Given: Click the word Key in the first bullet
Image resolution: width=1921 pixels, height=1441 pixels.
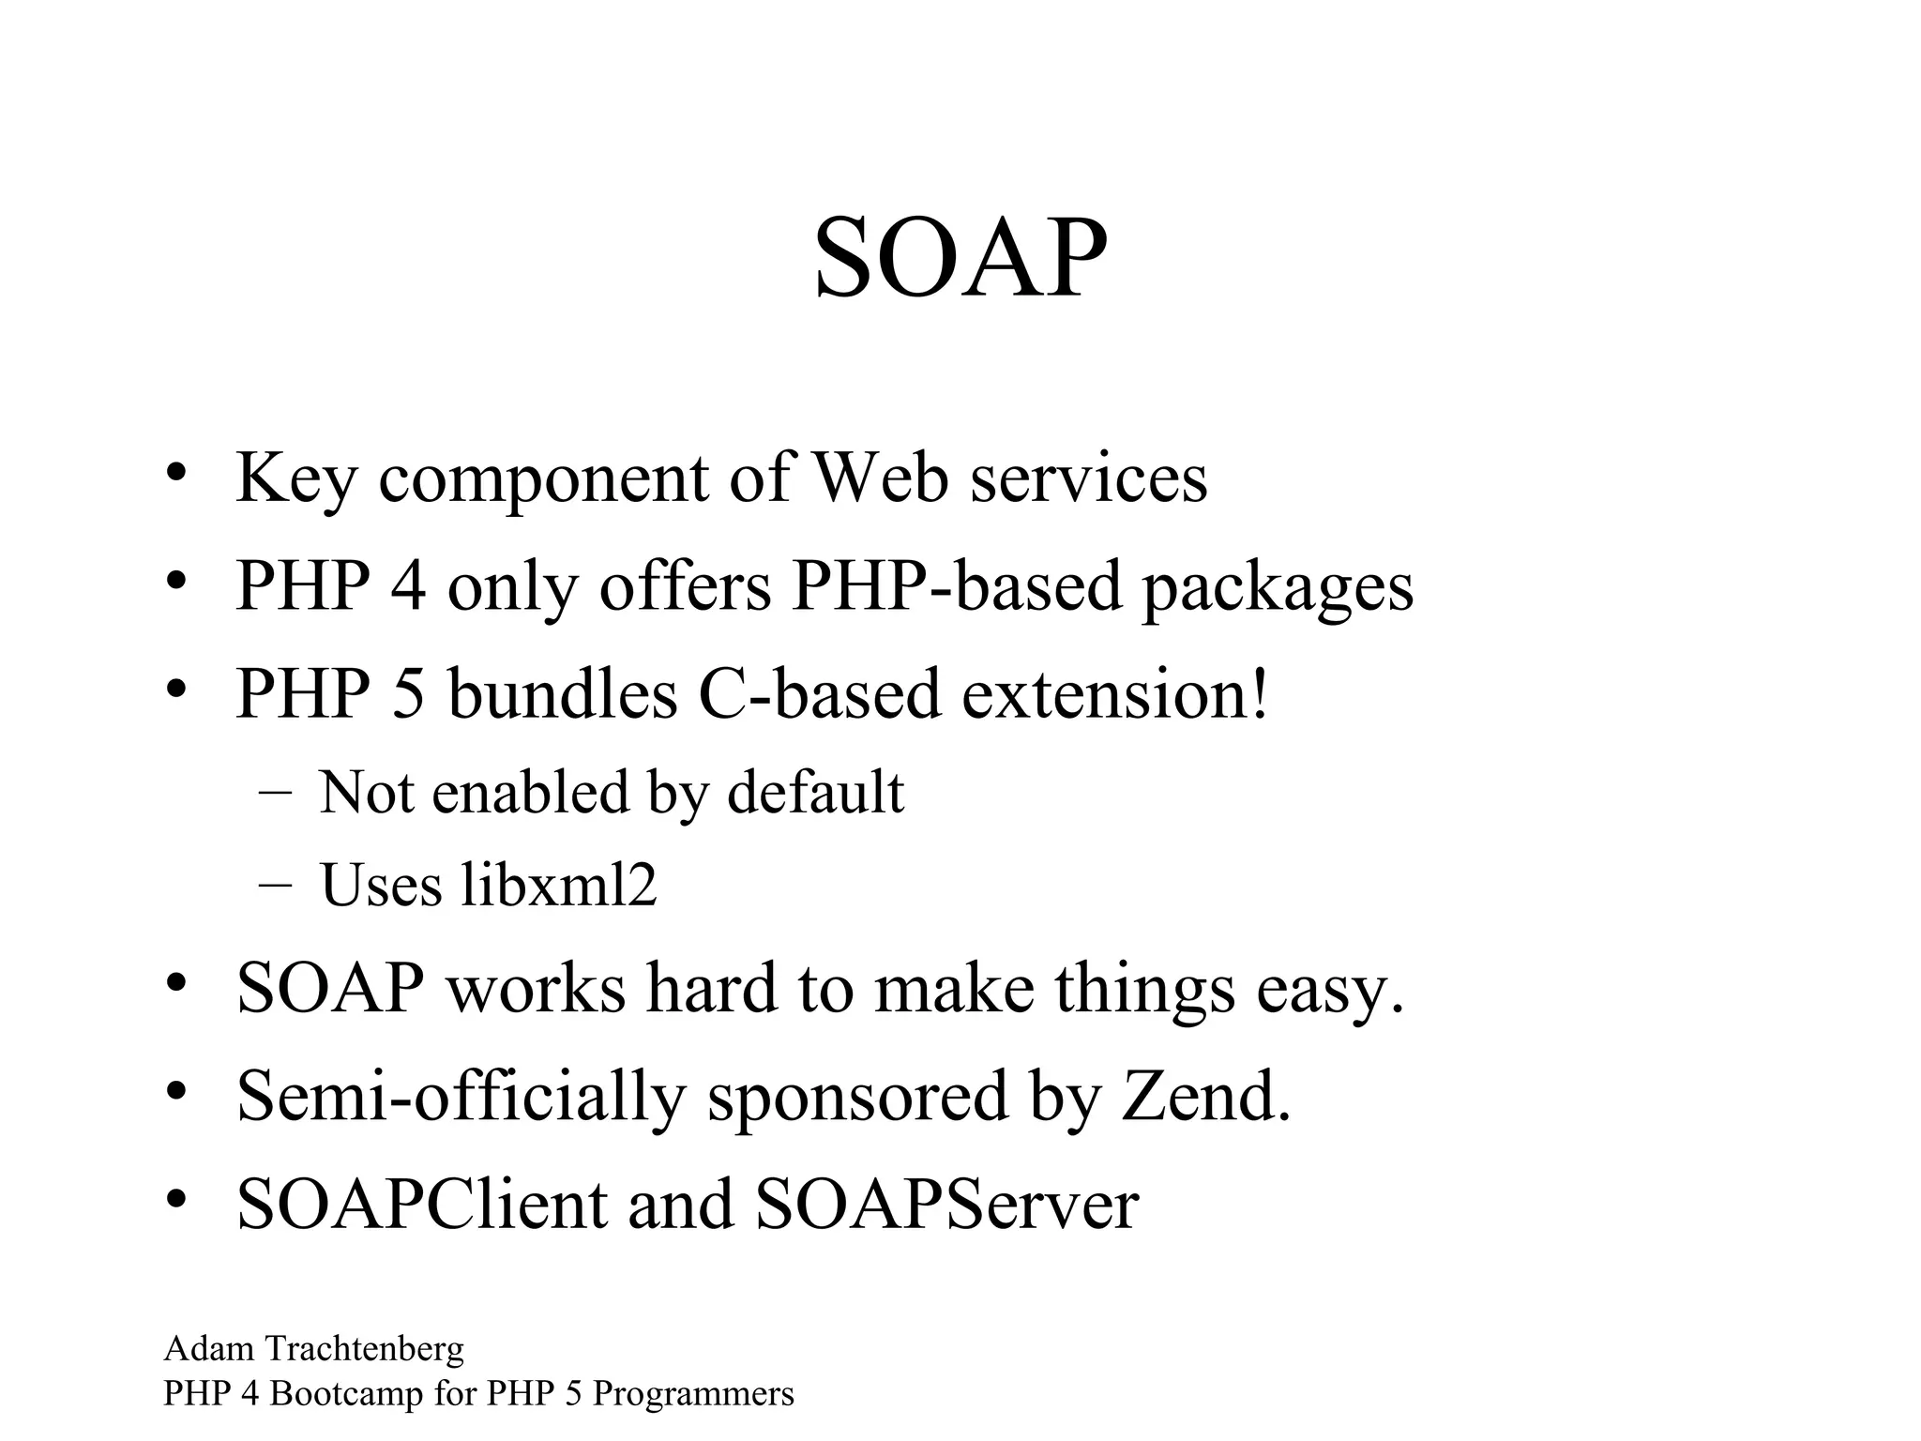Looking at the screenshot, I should pos(295,478).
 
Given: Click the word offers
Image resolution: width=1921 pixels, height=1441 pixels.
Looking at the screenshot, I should pos(685,585).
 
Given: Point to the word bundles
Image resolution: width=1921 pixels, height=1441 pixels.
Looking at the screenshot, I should pos(562,694).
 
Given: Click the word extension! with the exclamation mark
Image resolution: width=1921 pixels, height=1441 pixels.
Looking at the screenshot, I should pos(1115,694).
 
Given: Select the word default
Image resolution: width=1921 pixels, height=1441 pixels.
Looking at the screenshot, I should pos(815,792).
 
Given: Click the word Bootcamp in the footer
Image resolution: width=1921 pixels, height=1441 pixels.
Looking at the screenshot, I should pos(346,1394).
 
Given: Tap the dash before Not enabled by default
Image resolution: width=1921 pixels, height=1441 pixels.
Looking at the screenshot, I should pos(273,792).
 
